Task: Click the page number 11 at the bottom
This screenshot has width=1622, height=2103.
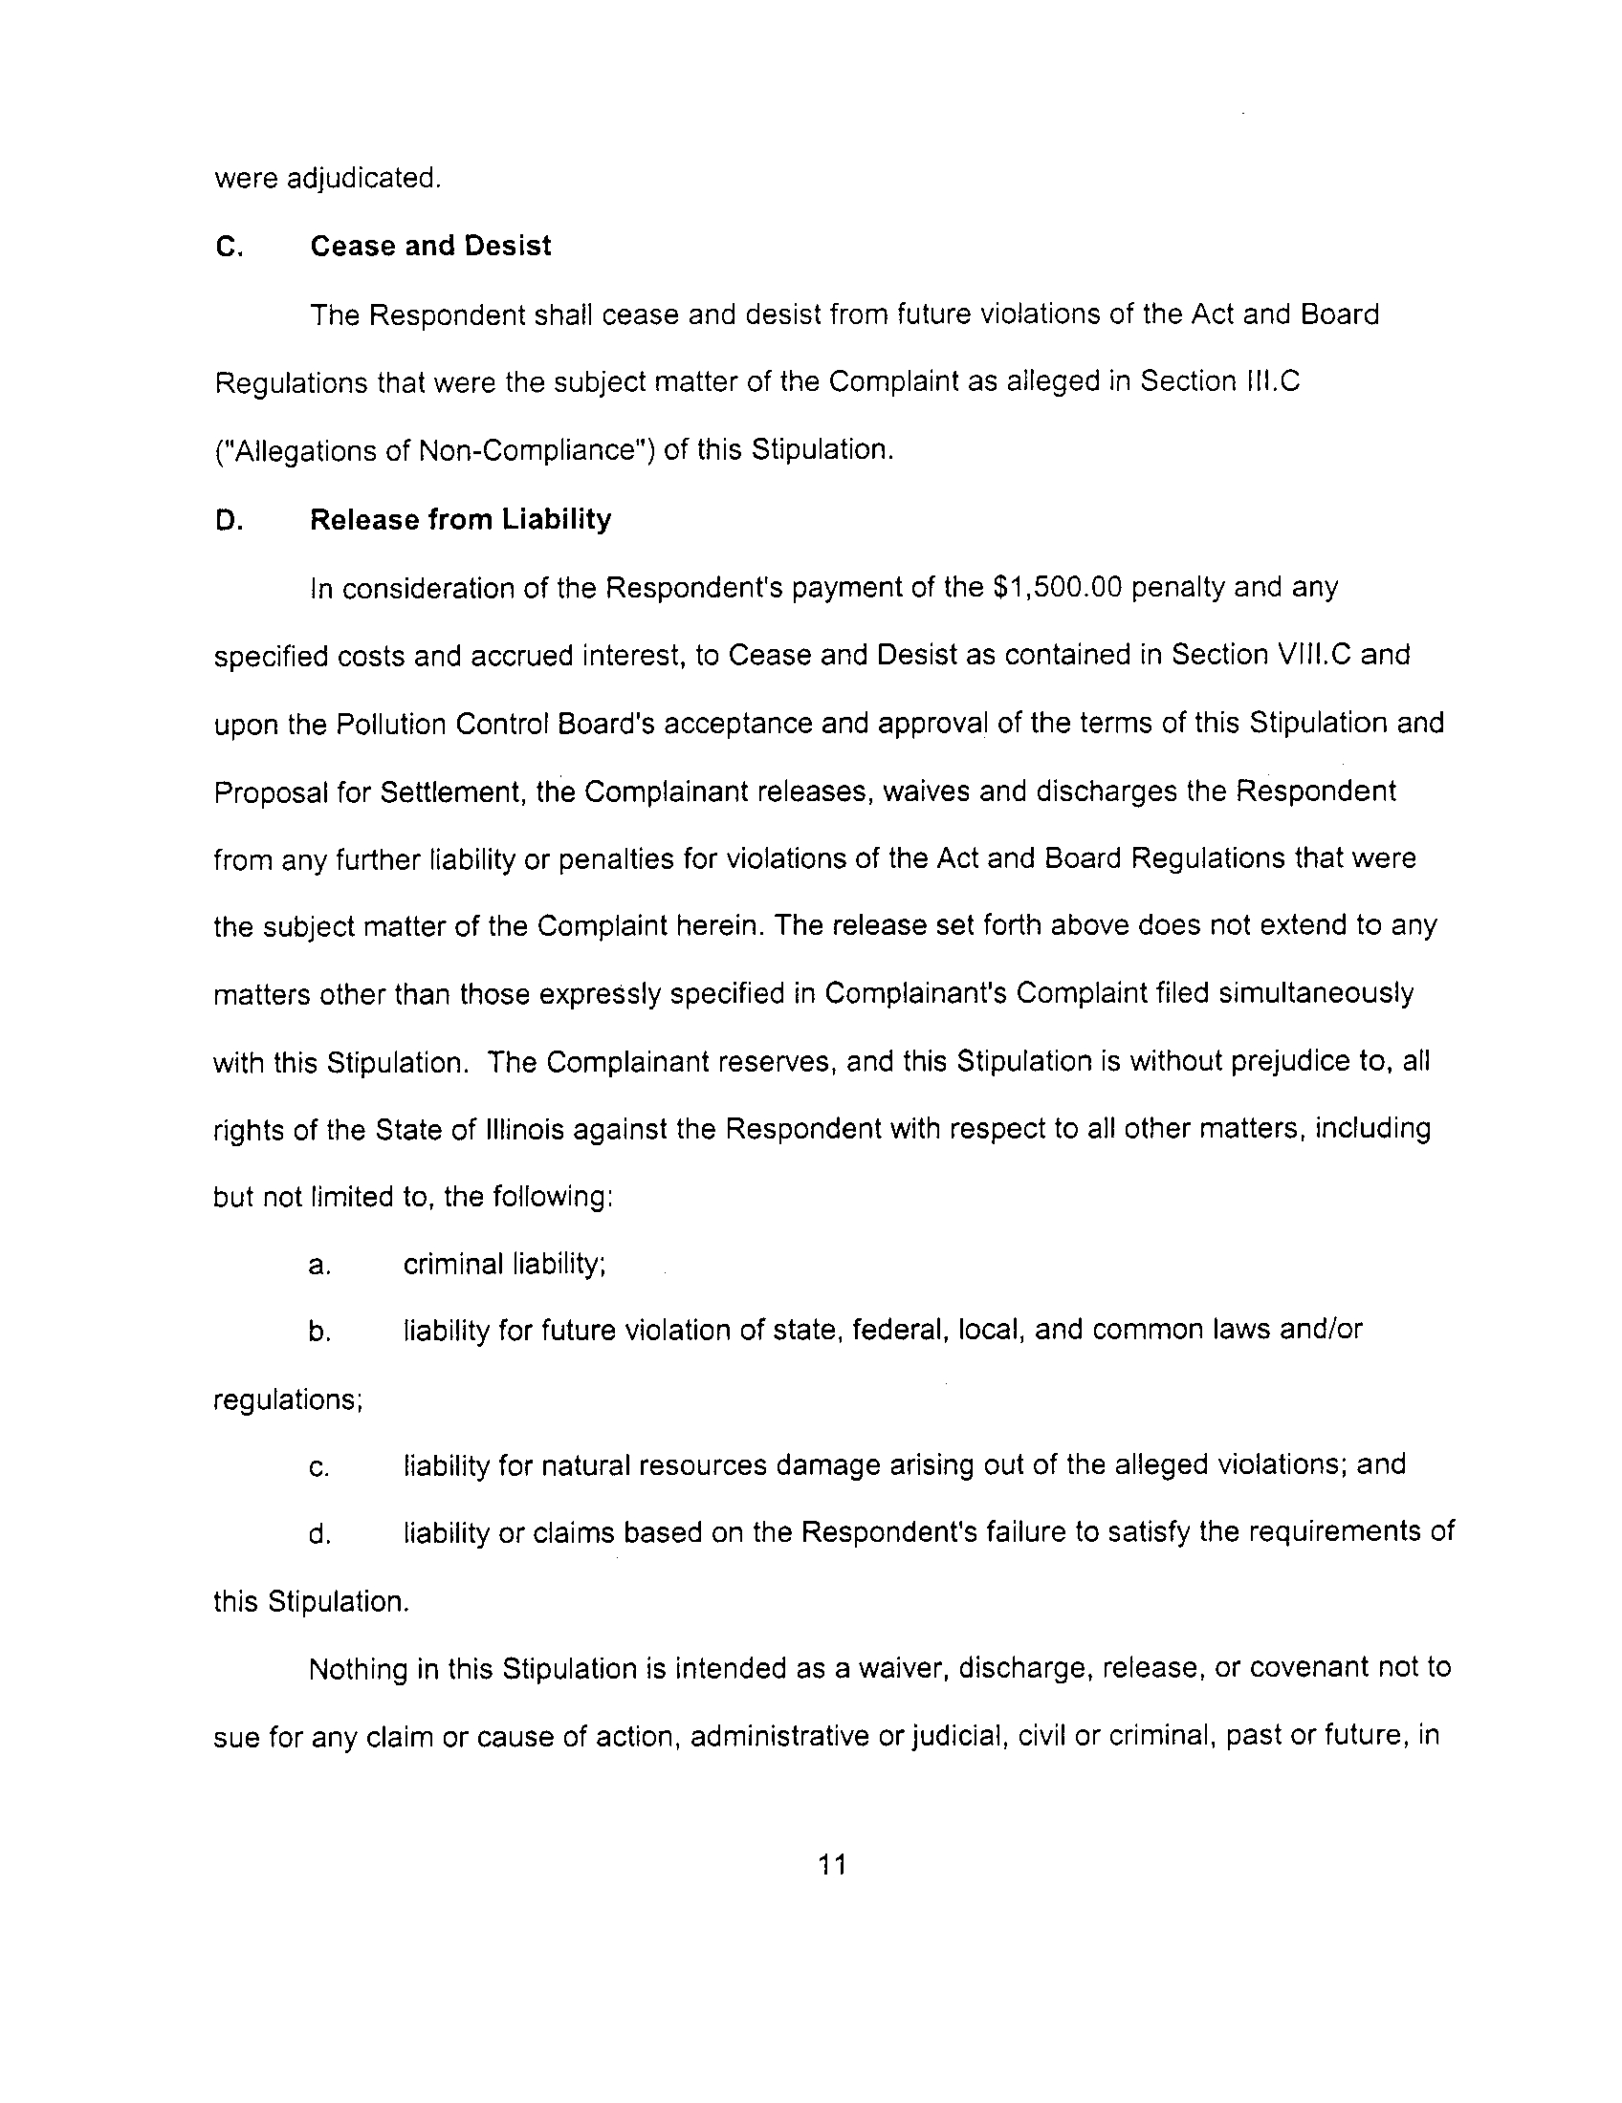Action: (x=831, y=1865)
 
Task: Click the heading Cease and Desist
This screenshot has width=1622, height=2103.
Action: (x=430, y=247)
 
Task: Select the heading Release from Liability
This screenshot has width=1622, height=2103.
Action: (x=460, y=520)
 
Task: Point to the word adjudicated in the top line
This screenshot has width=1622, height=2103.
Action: (x=365, y=179)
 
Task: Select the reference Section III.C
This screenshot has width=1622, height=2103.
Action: (x=1219, y=382)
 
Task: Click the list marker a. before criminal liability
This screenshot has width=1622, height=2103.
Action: (x=319, y=1266)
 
